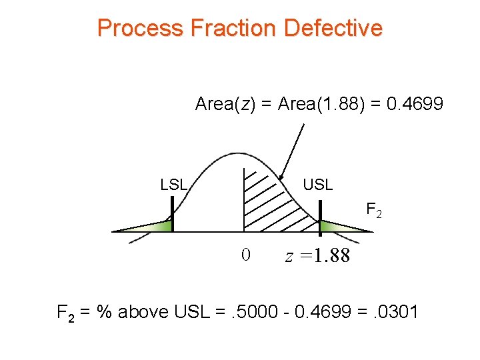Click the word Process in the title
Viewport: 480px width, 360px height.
[x=140, y=28]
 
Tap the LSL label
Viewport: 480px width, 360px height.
[x=174, y=185]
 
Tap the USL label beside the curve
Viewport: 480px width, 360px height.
[x=317, y=185]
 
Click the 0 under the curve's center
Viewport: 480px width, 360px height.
[x=245, y=255]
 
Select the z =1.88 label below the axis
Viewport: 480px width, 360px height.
[x=317, y=256]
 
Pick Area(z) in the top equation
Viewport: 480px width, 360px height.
[x=227, y=104]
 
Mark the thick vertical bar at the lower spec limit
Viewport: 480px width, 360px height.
[x=172, y=217]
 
